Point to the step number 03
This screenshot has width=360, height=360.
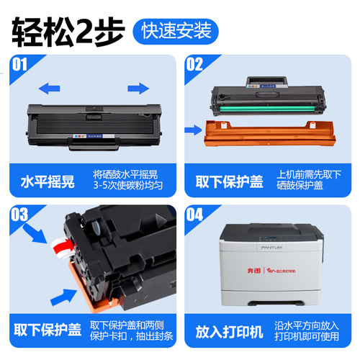(20, 214)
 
